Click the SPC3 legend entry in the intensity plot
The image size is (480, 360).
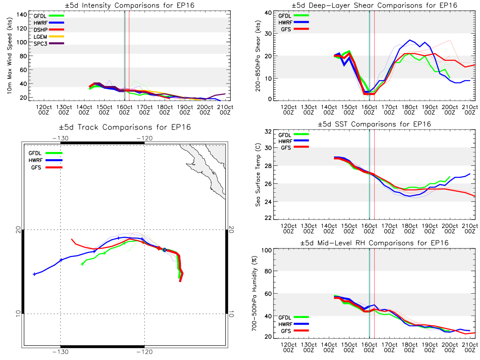coord(49,44)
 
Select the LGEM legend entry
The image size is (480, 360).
coord(49,37)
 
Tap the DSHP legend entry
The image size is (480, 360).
coord(49,30)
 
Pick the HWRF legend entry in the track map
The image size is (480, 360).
coord(46,160)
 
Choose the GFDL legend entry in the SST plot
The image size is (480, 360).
coord(293,135)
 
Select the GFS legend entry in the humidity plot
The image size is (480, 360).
coord(294,331)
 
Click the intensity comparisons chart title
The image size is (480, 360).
coord(130,5)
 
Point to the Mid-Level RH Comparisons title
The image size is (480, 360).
coord(374,243)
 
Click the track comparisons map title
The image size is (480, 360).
coord(125,127)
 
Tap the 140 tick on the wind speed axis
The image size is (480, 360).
coord(22,15)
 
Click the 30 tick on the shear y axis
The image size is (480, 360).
coord(268,34)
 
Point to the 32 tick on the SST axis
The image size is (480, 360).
coord(268,131)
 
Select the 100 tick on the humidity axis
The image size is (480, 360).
coord(267,250)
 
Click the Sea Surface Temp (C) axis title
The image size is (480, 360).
coord(258,175)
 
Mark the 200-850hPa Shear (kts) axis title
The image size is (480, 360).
coord(258,56)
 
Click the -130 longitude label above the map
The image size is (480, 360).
coord(60,138)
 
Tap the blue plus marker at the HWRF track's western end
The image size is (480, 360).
coord(34,274)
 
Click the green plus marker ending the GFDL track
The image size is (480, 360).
coord(82,264)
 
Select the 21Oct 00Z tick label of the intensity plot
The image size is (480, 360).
coord(225,110)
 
